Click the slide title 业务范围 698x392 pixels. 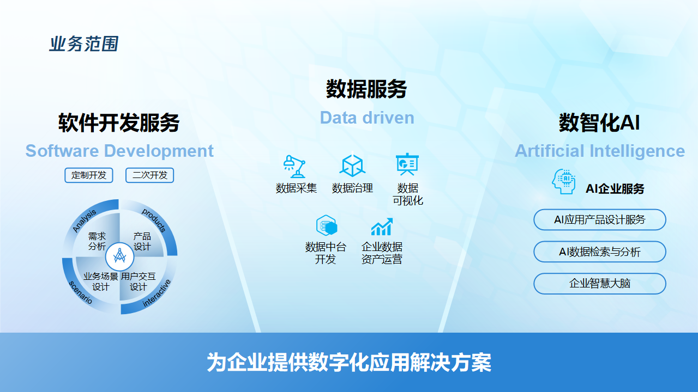click(x=84, y=44)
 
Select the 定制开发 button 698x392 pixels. click(x=89, y=175)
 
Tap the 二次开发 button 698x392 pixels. click(x=149, y=175)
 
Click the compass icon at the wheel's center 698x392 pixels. click(x=119, y=256)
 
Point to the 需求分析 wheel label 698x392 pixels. click(x=97, y=241)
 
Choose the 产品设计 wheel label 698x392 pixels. click(x=142, y=241)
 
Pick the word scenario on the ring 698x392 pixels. click(x=80, y=292)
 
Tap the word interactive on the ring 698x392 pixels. click(x=157, y=293)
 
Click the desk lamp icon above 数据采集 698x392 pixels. click(x=294, y=167)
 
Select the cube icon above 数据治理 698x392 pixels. click(x=352, y=166)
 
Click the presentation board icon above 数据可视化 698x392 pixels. click(x=407, y=164)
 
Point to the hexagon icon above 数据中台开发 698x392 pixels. click(x=326, y=225)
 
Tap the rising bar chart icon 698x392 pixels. click(x=382, y=226)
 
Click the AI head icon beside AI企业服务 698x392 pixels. click(x=563, y=182)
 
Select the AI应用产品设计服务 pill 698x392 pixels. click(x=600, y=219)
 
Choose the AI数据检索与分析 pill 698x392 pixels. click(x=600, y=252)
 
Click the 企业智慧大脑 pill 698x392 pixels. click(x=600, y=284)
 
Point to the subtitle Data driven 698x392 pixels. click(x=367, y=118)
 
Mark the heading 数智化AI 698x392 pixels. click(x=599, y=122)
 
